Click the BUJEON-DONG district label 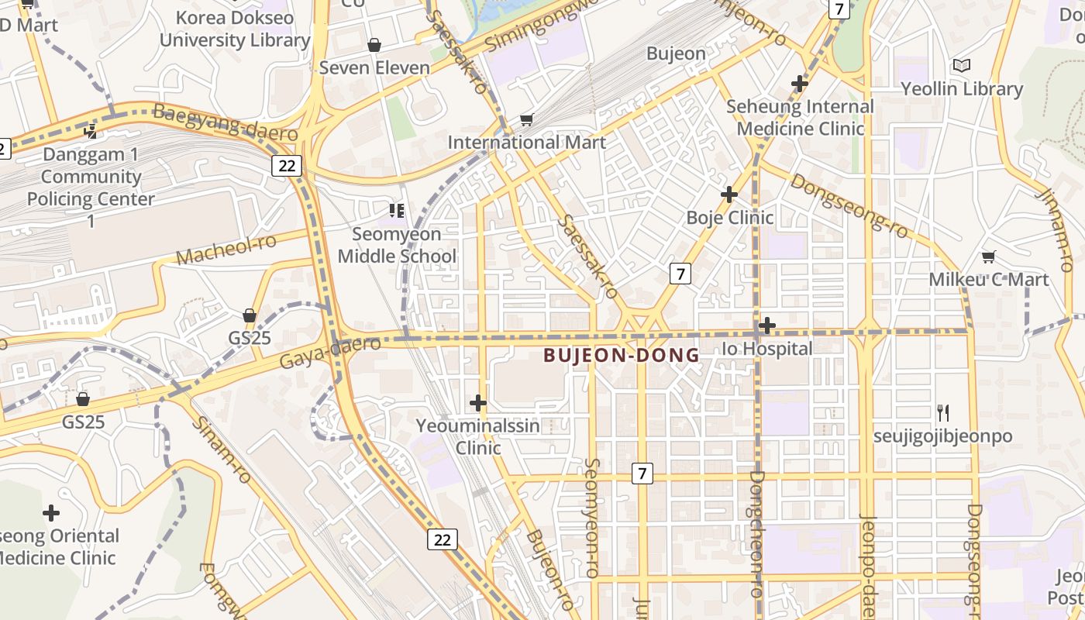coord(621,355)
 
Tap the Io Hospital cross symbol coord(766,325)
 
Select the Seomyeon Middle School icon coord(397,210)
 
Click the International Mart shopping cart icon coord(527,119)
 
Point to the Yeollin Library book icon coord(962,66)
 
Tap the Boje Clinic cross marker coord(728,194)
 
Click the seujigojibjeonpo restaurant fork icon coord(942,412)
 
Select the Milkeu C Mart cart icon coord(988,257)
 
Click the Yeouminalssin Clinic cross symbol coord(478,402)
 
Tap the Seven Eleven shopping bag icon coord(374,45)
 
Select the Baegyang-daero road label coord(226,122)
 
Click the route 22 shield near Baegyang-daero coord(287,164)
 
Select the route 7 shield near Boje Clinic coord(680,273)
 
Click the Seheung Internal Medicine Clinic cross coord(800,83)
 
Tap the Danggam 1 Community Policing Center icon coord(91,131)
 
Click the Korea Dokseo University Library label coord(235,29)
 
